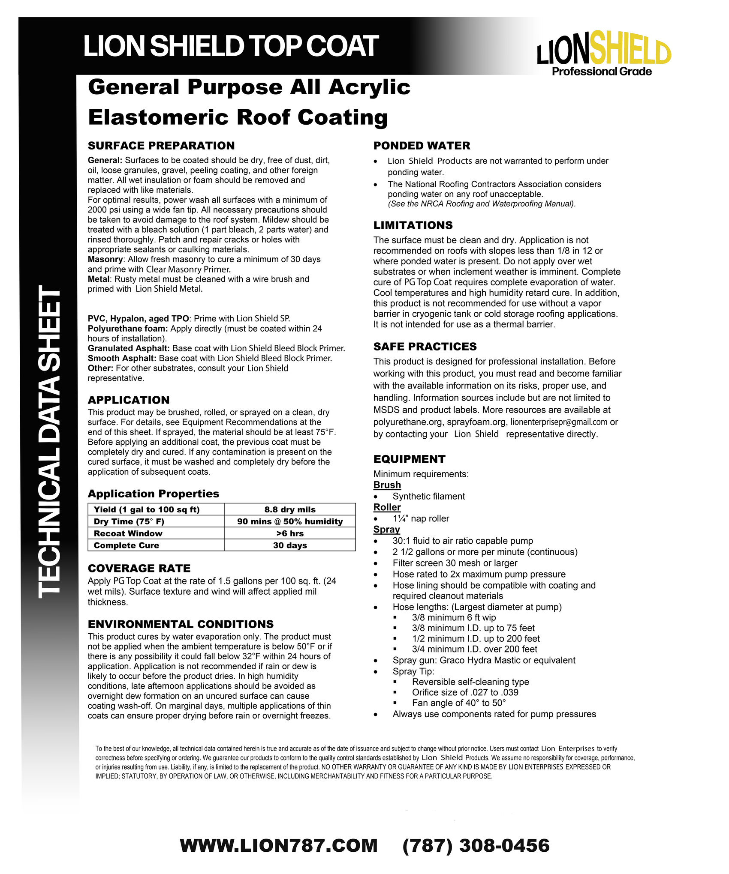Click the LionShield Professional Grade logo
pos(604,55)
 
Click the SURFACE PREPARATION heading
pos(161,146)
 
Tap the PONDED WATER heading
pos(422,146)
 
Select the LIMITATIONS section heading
pos(413,225)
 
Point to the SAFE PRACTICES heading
pos(425,347)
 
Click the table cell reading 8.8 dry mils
pos(290,509)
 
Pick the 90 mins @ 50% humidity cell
pos(290,521)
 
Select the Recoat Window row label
pos(128,533)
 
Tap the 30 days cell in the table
pos(290,545)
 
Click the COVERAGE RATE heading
pos(139,569)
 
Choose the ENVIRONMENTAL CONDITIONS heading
pos(181,624)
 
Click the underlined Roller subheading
pos(387,507)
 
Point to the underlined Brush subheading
pos(387,485)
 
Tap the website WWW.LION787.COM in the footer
pos(279,846)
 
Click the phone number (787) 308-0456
pos(476,846)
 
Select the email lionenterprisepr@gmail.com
pos(559,422)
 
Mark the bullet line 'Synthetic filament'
pos(428,497)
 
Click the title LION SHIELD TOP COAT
pos(231,46)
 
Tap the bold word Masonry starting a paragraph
pos(105,260)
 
